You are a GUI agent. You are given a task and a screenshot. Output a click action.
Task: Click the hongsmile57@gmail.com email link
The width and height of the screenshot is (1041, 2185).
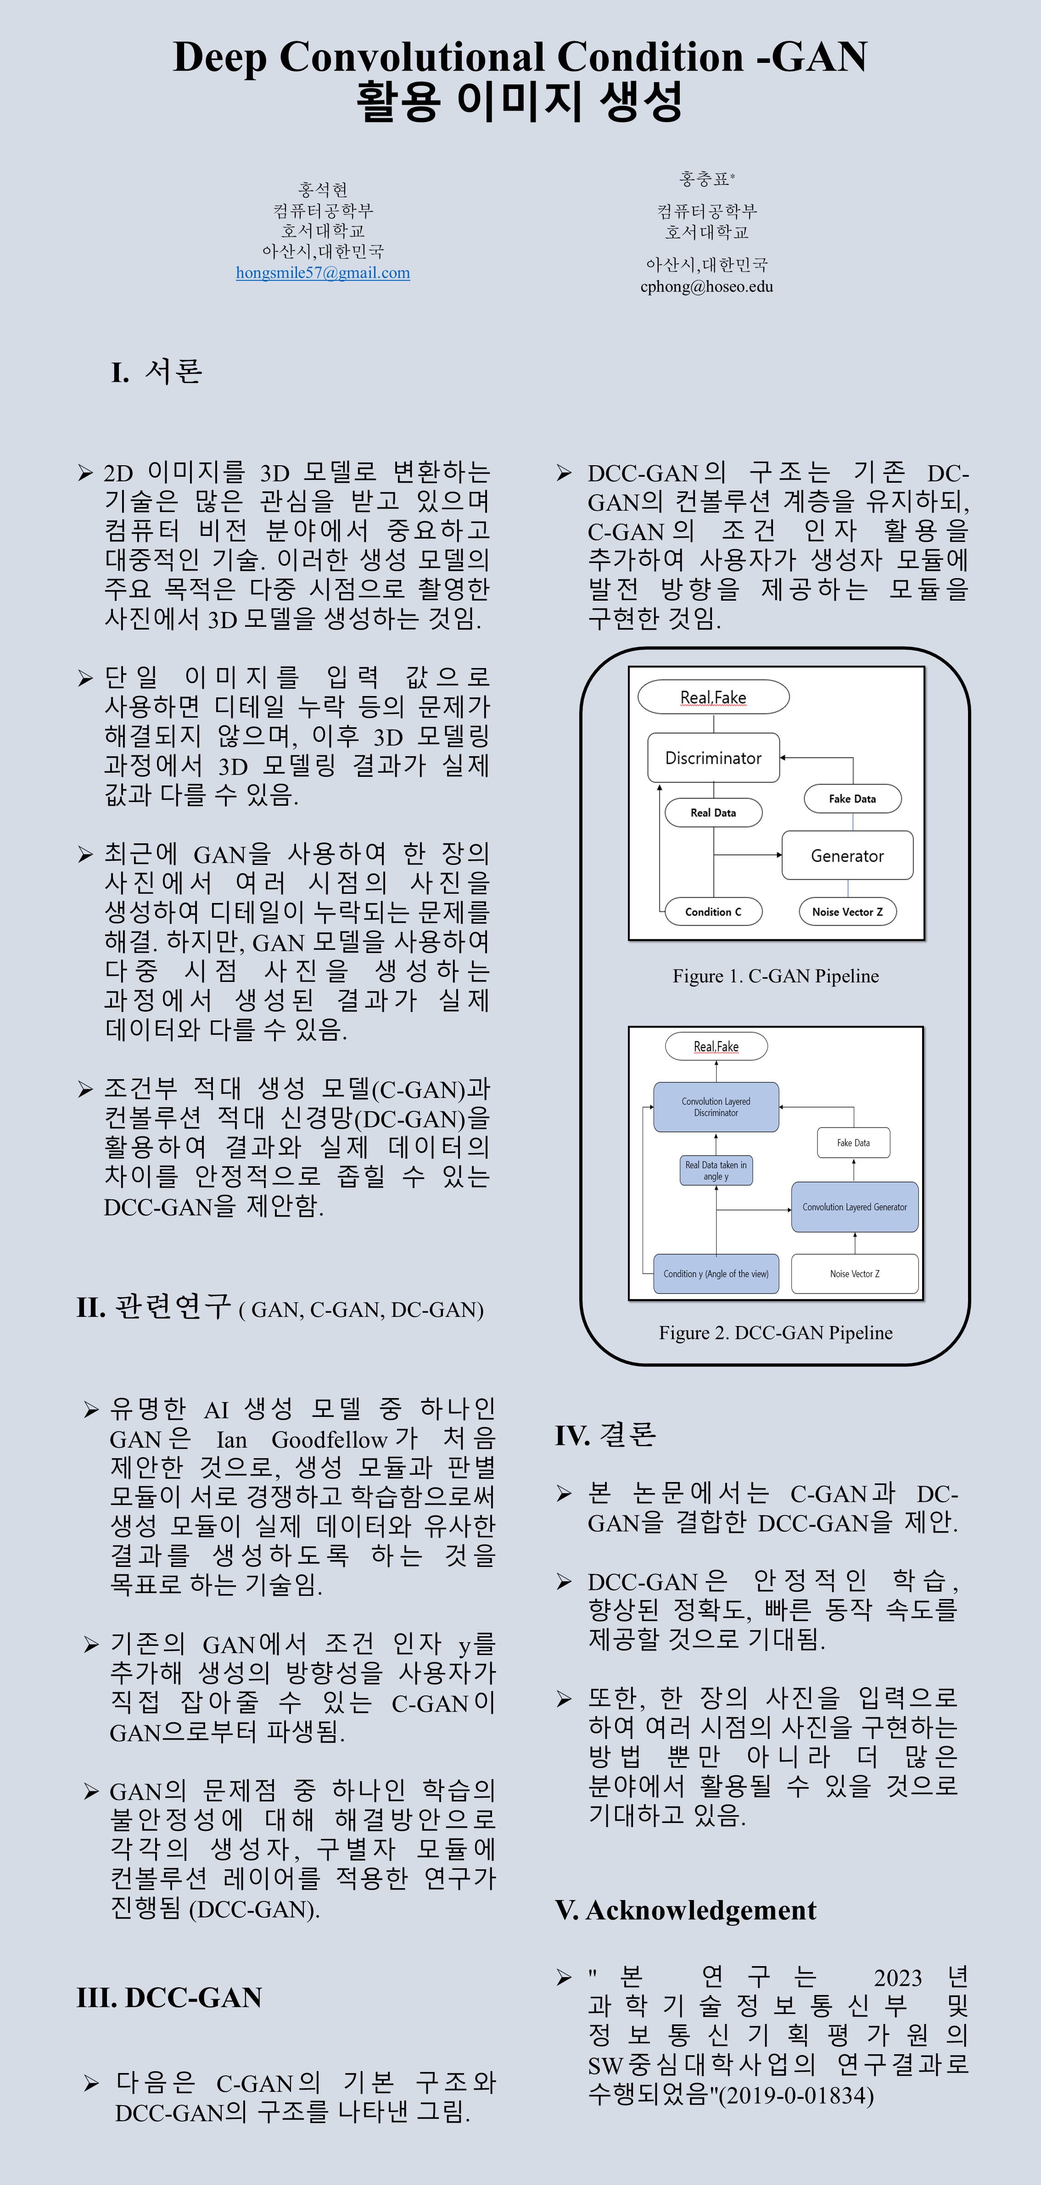pos(322,273)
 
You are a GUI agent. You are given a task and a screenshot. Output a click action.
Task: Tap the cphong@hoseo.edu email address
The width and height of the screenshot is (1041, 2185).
pos(707,287)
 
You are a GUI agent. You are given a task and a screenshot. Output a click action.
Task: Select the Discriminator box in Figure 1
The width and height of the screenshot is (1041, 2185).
pos(713,758)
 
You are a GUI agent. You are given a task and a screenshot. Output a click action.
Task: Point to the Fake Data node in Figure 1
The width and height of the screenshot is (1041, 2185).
pos(852,799)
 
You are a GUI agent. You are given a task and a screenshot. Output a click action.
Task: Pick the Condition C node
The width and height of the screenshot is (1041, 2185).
pos(713,912)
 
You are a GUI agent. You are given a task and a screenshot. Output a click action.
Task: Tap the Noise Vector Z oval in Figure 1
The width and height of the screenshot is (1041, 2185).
pos(847,912)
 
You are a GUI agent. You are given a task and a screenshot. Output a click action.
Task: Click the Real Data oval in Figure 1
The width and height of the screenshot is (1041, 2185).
pos(713,813)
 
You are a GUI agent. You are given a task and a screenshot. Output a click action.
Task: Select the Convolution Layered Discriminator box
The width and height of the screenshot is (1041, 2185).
pos(715,1107)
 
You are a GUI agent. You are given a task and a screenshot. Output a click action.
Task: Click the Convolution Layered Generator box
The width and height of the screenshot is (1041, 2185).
pos(854,1207)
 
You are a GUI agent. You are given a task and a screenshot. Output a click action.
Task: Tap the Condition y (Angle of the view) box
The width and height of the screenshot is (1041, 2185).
pos(715,1274)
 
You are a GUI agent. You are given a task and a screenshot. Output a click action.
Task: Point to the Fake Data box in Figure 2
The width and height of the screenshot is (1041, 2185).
pos(853,1143)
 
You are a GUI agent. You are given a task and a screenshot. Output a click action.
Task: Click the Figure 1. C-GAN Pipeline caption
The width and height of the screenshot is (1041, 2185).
pos(775,976)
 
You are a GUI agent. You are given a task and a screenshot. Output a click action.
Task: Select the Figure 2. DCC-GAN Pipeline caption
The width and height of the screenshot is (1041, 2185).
pos(775,1333)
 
